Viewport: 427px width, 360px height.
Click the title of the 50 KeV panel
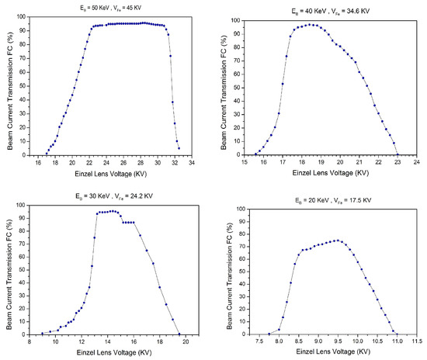[111, 7]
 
